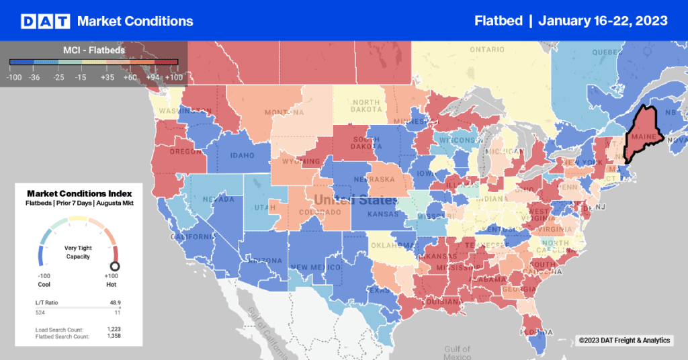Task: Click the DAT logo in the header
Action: tap(45, 21)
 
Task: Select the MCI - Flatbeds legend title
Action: tap(93, 50)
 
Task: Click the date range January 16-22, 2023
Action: tap(603, 21)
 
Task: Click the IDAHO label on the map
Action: tap(242, 156)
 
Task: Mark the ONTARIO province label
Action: tap(487, 50)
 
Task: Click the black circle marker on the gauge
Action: tap(115, 266)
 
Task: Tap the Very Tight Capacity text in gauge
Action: tap(78, 252)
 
